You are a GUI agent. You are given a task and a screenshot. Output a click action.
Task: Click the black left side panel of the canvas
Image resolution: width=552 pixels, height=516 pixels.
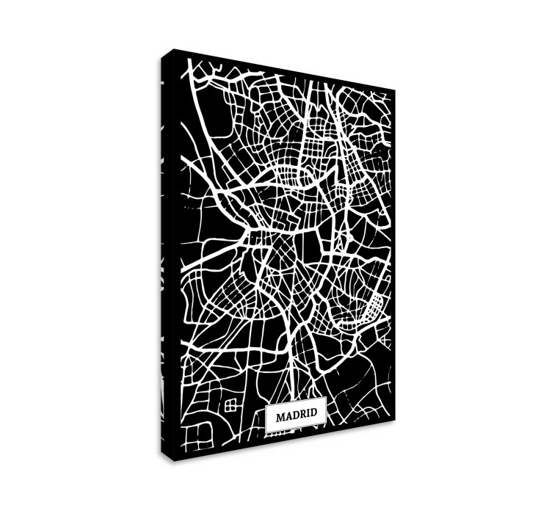point(166,257)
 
